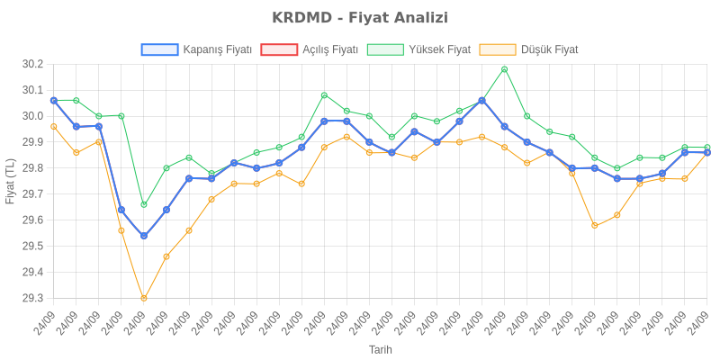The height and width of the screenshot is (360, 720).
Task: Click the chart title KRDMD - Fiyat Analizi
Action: (360, 18)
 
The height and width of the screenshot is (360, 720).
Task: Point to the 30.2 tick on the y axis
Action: (32, 65)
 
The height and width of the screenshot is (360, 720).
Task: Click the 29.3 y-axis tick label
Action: (32, 298)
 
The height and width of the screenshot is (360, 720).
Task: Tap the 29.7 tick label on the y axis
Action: (32, 194)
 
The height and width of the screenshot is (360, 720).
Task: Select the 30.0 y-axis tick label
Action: (32, 116)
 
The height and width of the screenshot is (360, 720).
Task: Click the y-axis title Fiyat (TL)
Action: (11, 182)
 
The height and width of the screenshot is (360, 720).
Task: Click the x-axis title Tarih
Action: (381, 349)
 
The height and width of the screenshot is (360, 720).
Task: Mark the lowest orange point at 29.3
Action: (144, 298)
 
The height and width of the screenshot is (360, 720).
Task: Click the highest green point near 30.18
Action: (505, 69)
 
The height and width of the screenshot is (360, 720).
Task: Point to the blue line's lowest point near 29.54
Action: (144, 236)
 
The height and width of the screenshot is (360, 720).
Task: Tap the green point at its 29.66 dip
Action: (144, 204)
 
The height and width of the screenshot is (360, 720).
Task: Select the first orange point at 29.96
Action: (54, 127)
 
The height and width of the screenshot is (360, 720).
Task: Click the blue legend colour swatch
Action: (159, 49)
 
